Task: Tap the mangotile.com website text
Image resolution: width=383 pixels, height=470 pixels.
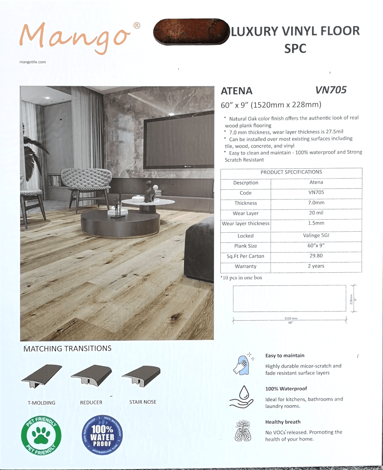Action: coord(33,62)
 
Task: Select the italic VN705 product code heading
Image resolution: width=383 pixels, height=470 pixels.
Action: coord(331,90)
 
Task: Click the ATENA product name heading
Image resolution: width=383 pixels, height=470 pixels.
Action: coord(236,91)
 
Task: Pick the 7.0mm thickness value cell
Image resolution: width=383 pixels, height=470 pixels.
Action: coord(316,203)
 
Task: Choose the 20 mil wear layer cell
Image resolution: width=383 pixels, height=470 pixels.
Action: coord(316,213)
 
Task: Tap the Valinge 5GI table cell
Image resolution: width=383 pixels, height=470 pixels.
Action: coord(316,235)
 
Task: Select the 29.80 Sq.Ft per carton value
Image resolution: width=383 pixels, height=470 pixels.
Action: coord(316,256)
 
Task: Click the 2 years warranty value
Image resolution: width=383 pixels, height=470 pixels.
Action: coord(316,266)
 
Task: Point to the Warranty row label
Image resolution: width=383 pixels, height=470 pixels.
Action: coord(246,267)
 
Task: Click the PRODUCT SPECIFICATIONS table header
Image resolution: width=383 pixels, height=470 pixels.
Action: coord(291,172)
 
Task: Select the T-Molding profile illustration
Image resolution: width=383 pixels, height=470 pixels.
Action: coord(41,376)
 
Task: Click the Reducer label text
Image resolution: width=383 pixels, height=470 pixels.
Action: coord(91,402)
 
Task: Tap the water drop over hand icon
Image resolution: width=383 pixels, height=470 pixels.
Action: coord(242,397)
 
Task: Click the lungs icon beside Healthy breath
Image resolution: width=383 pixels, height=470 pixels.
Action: coord(242,431)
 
